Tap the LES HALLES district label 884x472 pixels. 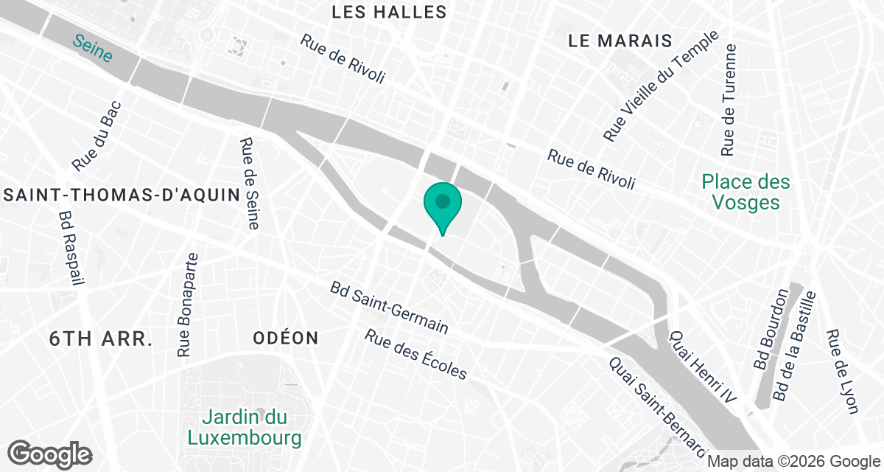pos(389,12)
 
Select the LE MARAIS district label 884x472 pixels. pos(620,41)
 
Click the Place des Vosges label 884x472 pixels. pos(746,192)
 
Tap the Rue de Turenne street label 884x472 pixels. pos(729,100)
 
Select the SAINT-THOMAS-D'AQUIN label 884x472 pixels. pos(122,195)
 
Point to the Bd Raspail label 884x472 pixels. pos(71,249)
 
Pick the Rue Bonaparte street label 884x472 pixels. pos(189,304)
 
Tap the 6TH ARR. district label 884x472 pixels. pos(100,339)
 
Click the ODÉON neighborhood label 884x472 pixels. pos(285,339)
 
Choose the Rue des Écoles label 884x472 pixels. pos(416,354)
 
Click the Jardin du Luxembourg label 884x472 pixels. pos(245,428)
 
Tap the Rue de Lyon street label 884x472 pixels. pos(843,372)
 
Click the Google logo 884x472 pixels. pos(49,453)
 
